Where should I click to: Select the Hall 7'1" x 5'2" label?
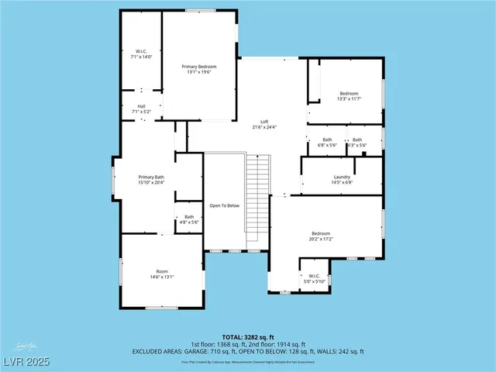pos(142,108)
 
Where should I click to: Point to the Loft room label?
pos(264,122)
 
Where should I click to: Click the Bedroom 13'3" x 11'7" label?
pos(350,96)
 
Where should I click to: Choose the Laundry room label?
pos(342,179)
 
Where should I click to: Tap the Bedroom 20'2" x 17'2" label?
pos(321,236)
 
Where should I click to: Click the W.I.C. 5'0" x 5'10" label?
pos(314,278)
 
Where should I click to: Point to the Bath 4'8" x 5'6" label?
pos(188,220)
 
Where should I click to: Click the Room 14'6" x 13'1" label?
pos(162,274)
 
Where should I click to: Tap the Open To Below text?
pos(225,205)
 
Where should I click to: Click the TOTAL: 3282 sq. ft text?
pos(248,337)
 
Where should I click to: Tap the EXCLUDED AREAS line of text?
pos(248,351)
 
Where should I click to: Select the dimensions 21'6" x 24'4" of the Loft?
pos(264,127)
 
